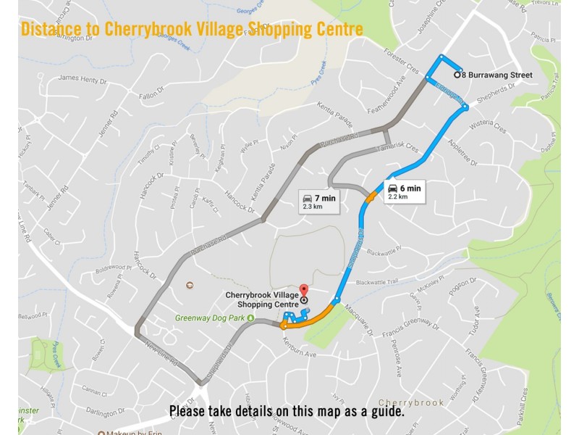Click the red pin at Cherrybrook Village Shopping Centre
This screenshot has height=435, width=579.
pos(303,289)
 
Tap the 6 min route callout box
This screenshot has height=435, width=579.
pos(402,191)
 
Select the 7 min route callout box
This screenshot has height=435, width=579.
pos(318,201)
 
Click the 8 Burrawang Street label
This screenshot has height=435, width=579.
pos(498,75)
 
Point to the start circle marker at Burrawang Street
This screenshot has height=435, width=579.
pos(457,75)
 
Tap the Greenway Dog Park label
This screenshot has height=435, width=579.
pos(209,318)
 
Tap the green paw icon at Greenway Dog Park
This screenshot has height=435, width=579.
pos(250,318)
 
